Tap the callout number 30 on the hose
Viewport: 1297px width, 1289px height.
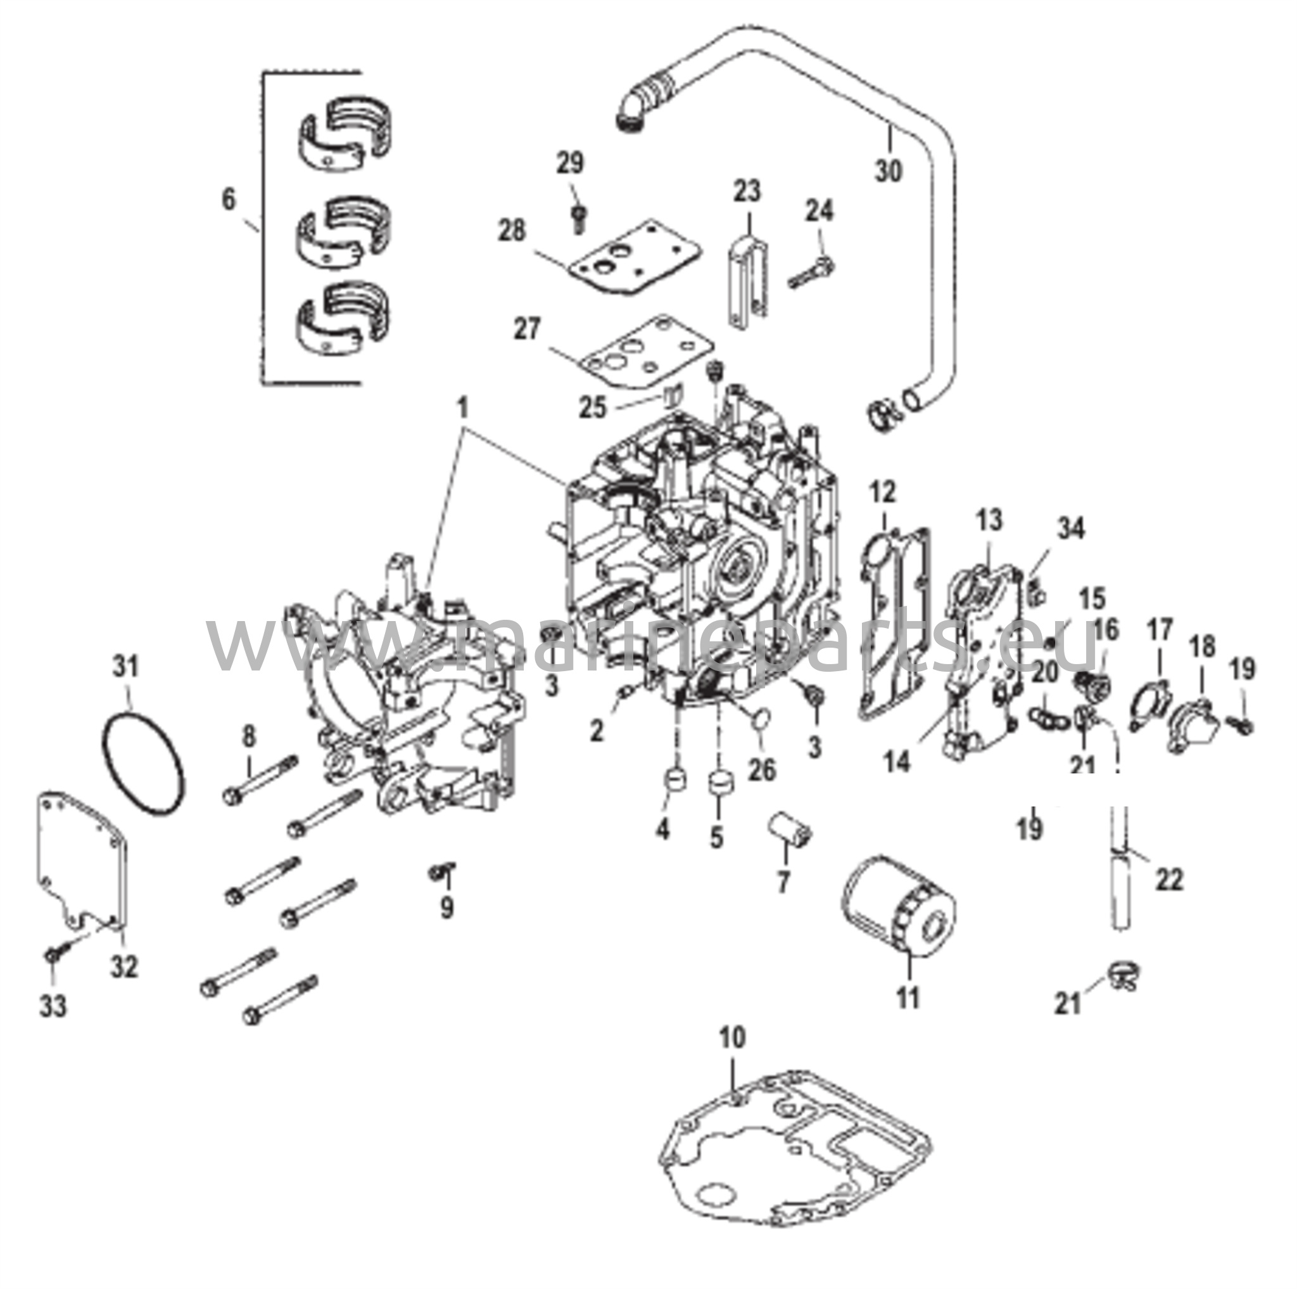(888, 172)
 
